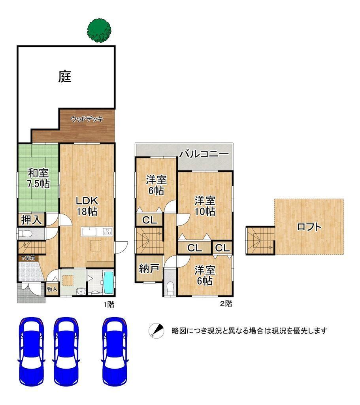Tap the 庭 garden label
64,77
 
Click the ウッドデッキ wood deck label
87,119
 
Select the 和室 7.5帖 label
38,178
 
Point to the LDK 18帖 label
87,206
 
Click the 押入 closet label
31,220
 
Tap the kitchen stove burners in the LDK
107,232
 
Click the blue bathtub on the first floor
108,282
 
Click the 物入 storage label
52,289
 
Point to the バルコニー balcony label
204,154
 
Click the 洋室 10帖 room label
205,206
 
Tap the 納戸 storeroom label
149,269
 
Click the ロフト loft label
309,227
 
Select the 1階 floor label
109,305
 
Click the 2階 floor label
226,303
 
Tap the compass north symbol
156,331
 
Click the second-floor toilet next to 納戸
170,288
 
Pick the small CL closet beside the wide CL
222,248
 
